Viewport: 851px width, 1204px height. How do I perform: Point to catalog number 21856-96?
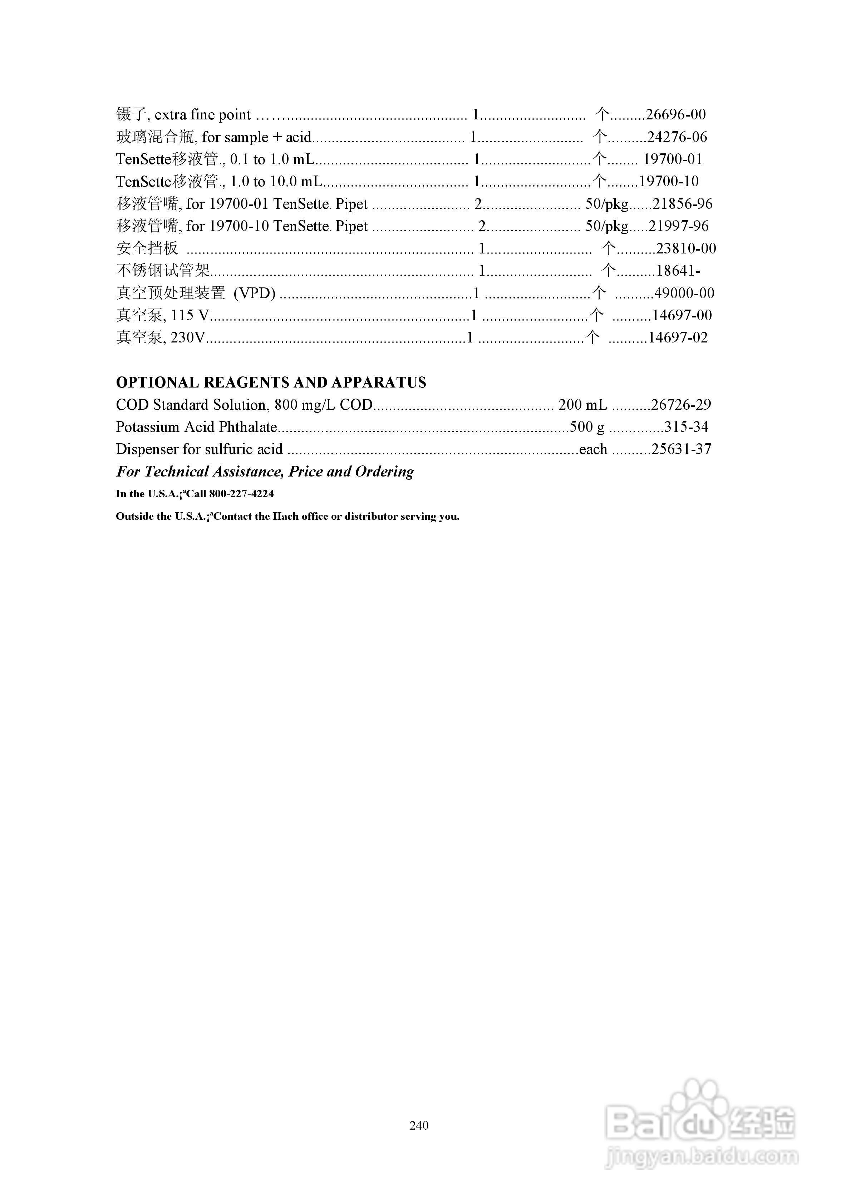click(683, 204)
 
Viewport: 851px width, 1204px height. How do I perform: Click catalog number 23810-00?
click(686, 248)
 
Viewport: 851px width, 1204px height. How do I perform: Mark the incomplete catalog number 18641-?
click(678, 271)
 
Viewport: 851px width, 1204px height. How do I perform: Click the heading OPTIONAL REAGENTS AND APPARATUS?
click(271, 383)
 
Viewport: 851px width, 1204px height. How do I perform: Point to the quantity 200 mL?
click(582, 405)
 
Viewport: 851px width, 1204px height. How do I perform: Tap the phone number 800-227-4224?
click(241, 494)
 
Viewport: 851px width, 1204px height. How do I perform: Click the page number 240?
click(419, 1125)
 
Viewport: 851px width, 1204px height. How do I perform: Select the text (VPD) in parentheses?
click(255, 293)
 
